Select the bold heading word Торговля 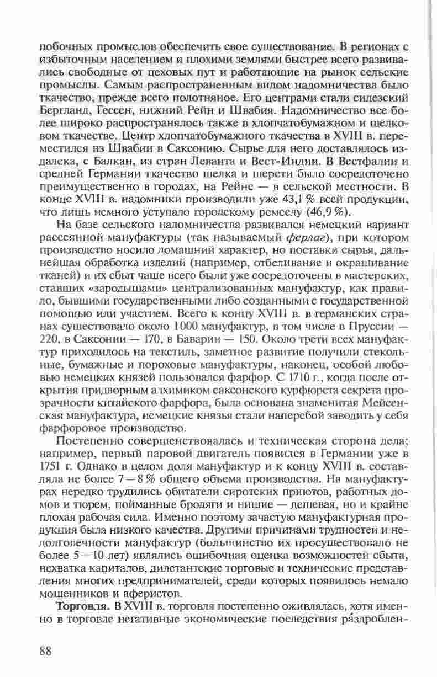click(77, 605)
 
